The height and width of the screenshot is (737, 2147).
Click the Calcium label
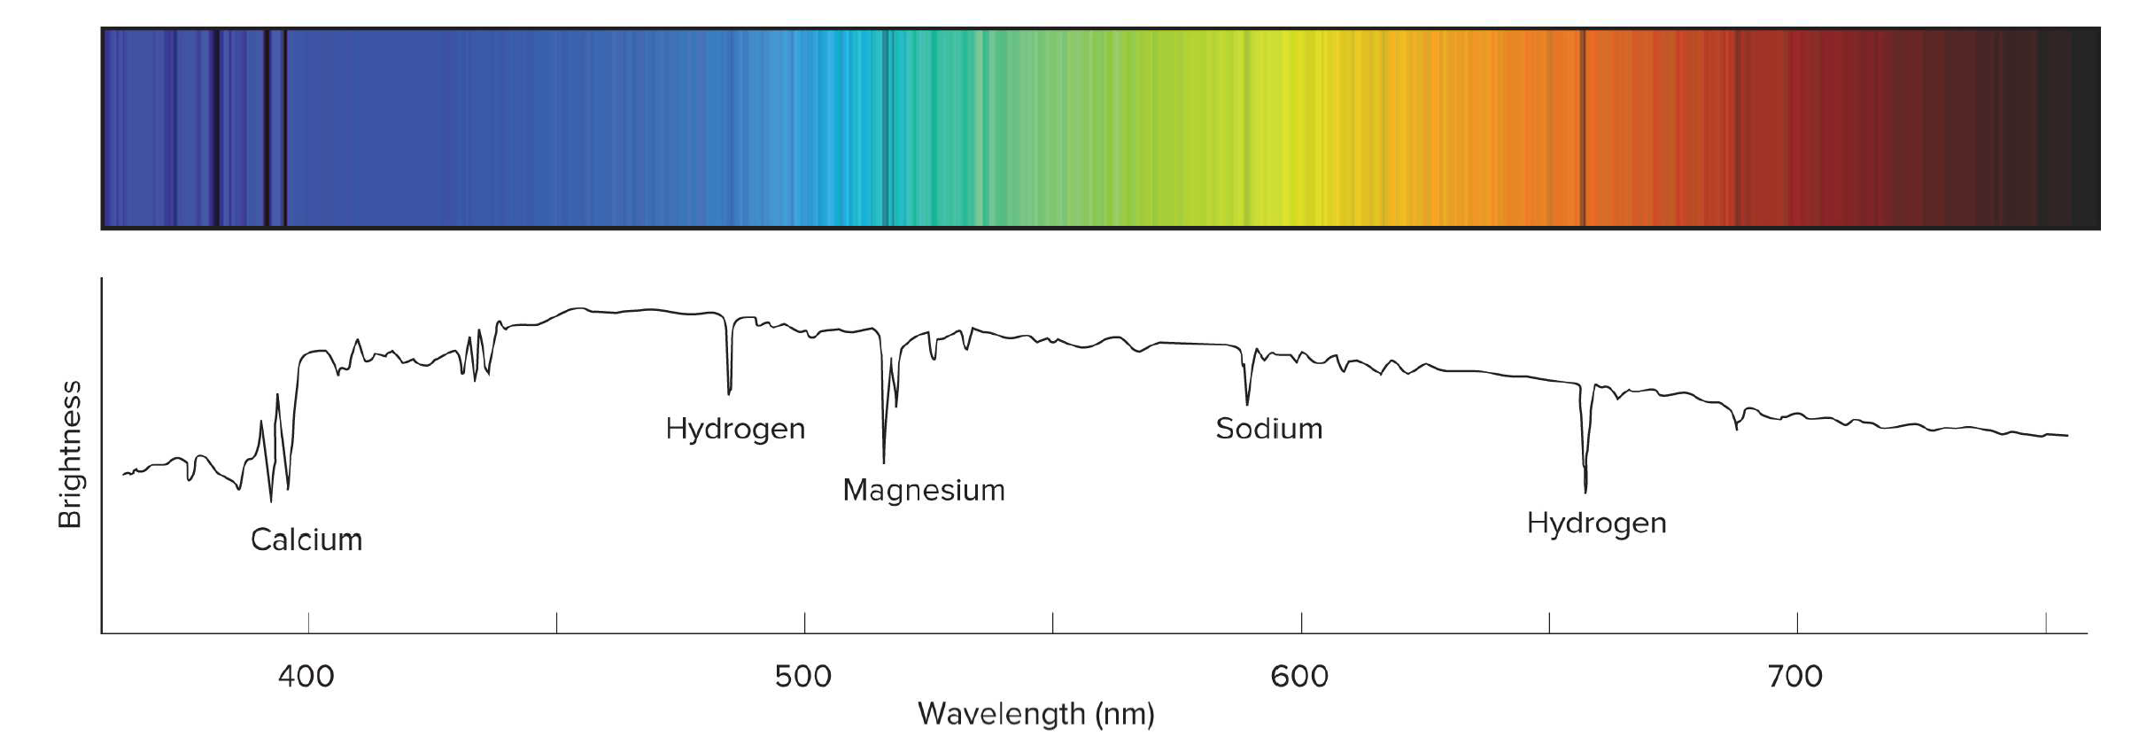pyautogui.click(x=306, y=539)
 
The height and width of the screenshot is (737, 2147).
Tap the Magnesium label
pyautogui.click(x=924, y=490)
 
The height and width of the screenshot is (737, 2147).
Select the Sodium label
pyautogui.click(x=1268, y=429)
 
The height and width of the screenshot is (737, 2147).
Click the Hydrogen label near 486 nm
pyautogui.click(x=735, y=429)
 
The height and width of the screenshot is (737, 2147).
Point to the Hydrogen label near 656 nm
pyautogui.click(x=1596, y=523)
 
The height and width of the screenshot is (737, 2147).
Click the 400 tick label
pyautogui.click(x=306, y=677)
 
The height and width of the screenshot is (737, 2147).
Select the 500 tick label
pyautogui.click(x=803, y=677)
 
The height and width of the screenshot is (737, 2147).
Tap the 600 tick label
pyautogui.click(x=1299, y=677)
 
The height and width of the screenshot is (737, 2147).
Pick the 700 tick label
pyautogui.click(x=1795, y=677)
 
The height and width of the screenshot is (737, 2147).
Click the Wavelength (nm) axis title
pyautogui.click(x=1035, y=714)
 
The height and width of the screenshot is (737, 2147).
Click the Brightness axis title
pyautogui.click(x=70, y=454)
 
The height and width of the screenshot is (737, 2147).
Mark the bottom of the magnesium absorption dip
pyautogui.click(x=883, y=461)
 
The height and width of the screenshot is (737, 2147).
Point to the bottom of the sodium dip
pyautogui.click(x=1247, y=403)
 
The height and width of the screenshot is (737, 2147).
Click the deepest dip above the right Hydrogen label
pyautogui.click(x=1585, y=490)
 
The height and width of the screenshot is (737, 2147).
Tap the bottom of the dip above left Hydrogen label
pyautogui.click(x=729, y=392)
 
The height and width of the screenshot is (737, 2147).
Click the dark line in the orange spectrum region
pyautogui.click(x=1584, y=128)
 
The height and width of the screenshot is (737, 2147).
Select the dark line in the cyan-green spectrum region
pyautogui.click(x=887, y=128)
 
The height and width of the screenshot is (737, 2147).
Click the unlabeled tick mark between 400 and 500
pyautogui.click(x=556, y=623)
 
